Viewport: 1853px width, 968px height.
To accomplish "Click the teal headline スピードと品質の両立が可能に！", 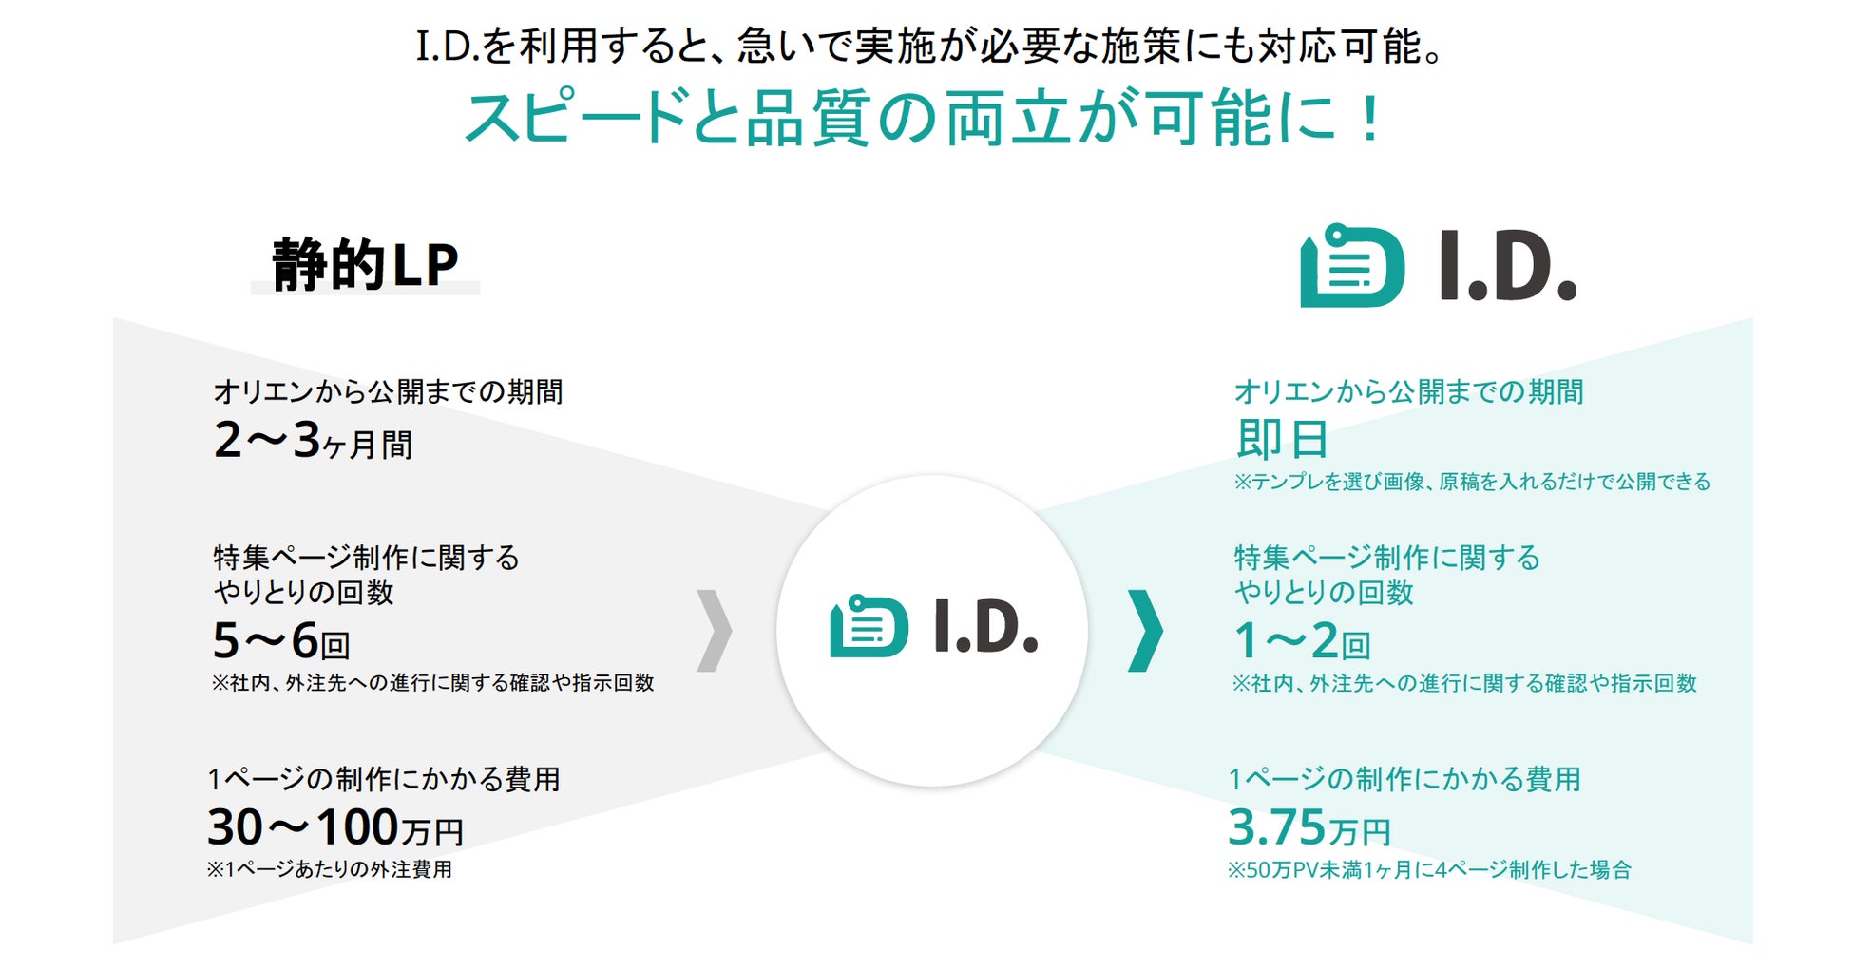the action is (x=924, y=118).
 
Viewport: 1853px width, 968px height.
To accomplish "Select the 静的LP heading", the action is (x=365, y=265).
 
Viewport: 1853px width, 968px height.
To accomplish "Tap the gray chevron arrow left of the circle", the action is (x=714, y=631).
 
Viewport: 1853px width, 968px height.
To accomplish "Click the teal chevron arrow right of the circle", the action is (x=1145, y=631).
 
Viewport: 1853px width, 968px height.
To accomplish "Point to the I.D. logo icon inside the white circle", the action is (x=869, y=626).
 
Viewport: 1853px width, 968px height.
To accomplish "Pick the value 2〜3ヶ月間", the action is (x=314, y=441).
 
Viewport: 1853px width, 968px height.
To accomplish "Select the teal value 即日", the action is (x=1281, y=439).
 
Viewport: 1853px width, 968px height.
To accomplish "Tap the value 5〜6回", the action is (x=281, y=641).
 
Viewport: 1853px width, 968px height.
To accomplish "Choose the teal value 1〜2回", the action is (x=1302, y=641).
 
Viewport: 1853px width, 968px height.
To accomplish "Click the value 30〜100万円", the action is (x=335, y=827).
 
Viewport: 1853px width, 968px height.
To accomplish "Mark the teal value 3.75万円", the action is (x=1309, y=827).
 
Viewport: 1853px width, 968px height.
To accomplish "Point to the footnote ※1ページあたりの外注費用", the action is (x=330, y=869).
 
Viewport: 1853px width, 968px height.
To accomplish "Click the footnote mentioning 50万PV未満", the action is (x=1429, y=869).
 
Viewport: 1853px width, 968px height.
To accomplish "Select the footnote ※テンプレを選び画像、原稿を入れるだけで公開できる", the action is (x=1472, y=482).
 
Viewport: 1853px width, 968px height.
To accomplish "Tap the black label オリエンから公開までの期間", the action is (x=388, y=391).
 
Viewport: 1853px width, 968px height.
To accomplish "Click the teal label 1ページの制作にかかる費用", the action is (x=1404, y=779).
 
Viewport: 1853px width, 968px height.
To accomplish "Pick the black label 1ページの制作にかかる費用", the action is (x=384, y=779).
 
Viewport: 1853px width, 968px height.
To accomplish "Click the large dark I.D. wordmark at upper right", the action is (x=1507, y=267).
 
